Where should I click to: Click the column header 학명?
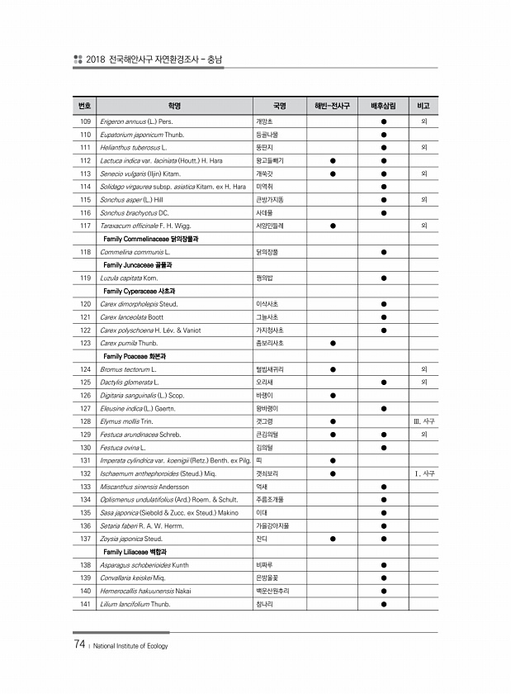pos(173,107)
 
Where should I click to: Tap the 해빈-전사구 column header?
pos(333,107)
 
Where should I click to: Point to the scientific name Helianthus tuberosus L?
pos(134,147)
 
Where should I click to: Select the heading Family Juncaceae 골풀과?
pos(143,264)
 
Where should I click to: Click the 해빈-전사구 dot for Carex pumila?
pos(333,343)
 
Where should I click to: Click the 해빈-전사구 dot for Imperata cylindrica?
pos(333,460)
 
